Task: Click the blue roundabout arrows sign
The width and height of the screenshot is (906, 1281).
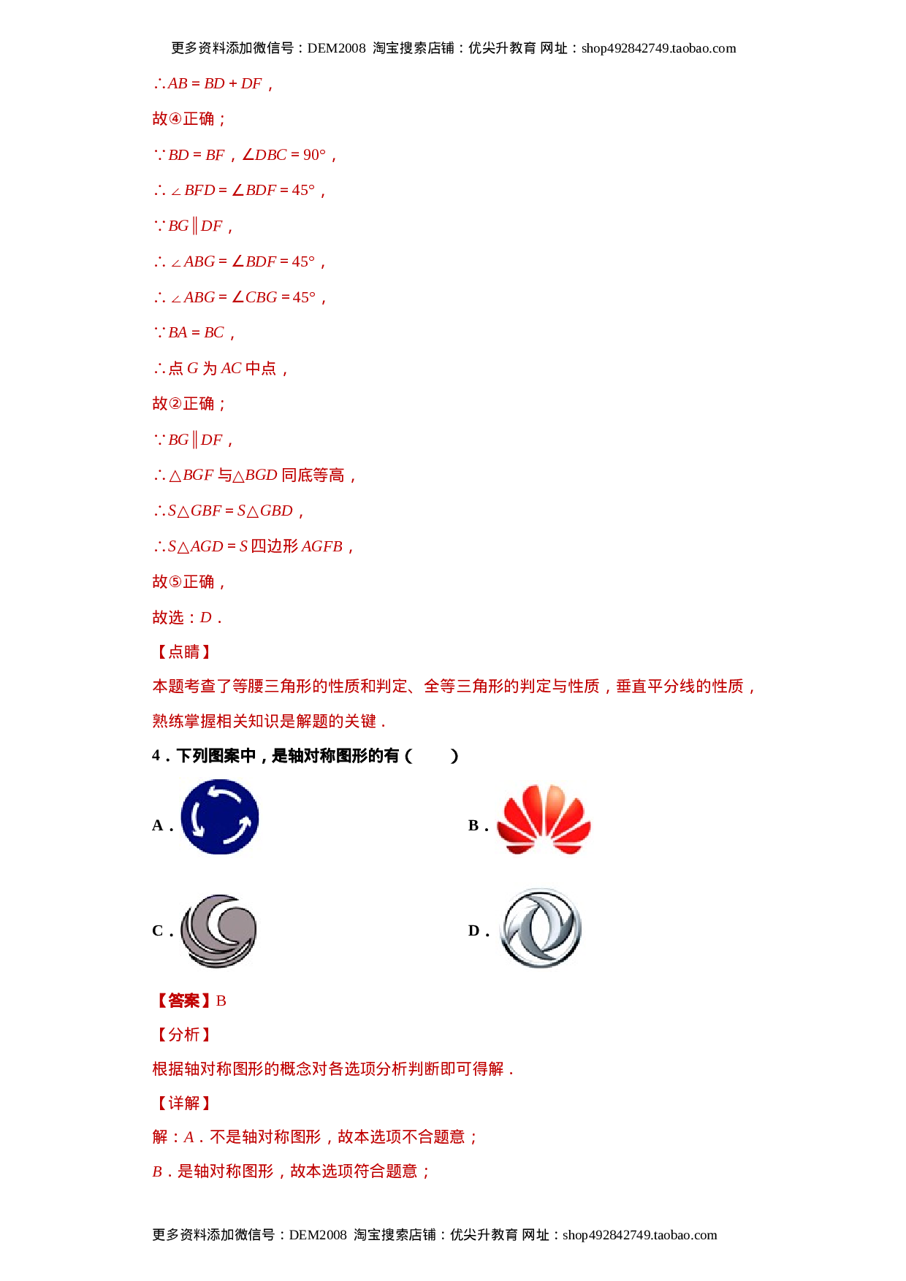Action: (221, 817)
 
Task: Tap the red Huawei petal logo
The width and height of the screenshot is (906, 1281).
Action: (544, 819)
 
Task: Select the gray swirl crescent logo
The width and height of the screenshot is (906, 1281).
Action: (219, 932)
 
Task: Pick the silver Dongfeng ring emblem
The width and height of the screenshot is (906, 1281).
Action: (540, 927)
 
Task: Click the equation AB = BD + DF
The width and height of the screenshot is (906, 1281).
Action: (213, 84)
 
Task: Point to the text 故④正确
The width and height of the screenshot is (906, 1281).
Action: (189, 119)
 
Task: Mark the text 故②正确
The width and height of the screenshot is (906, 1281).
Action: (189, 404)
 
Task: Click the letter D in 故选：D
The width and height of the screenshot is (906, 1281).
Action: (206, 618)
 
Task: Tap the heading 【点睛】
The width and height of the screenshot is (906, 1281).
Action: (183, 652)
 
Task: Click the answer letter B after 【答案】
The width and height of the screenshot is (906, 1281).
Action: (221, 1001)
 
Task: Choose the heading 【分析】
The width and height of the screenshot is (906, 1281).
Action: (183, 1035)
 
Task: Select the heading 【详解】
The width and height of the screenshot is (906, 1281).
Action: (183, 1103)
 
